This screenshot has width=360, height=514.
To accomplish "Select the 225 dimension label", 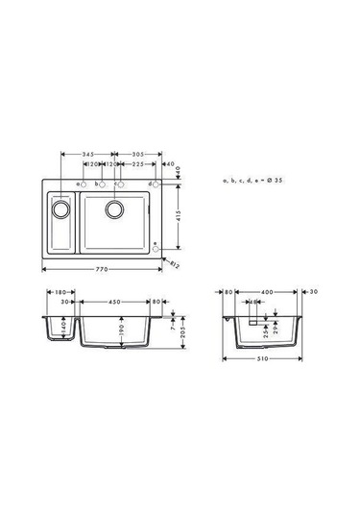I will (139, 165).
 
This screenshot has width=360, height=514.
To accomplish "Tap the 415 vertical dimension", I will (179, 215).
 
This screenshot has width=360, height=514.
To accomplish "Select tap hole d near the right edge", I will (158, 184).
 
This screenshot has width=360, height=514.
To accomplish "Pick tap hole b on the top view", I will (100, 184).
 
